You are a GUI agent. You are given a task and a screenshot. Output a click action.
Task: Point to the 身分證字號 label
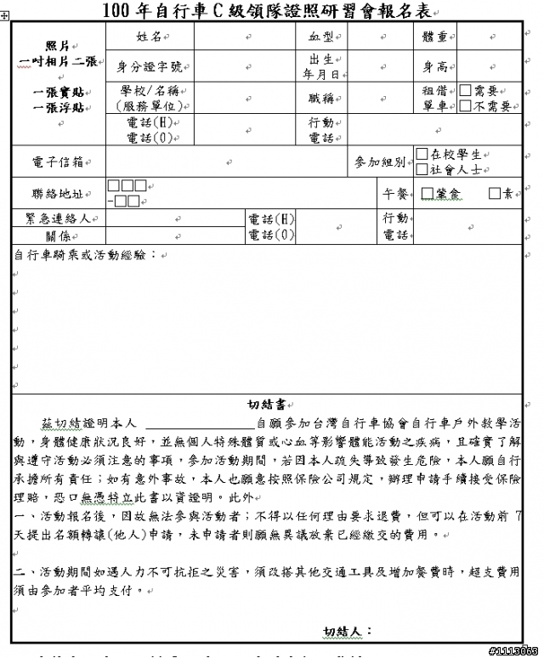pyautogui.click(x=149, y=66)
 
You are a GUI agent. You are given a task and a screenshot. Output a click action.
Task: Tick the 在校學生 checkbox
pyautogui.click(x=422, y=154)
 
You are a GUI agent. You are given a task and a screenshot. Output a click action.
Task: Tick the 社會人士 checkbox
pyautogui.click(x=422, y=169)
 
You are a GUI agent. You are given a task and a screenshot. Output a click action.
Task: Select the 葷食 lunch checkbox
pyautogui.click(x=428, y=194)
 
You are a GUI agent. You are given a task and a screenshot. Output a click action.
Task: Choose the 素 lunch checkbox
pyautogui.click(x=495, y=194)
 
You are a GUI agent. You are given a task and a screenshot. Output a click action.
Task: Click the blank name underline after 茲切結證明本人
pyautogui.click(x=201, y=423)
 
